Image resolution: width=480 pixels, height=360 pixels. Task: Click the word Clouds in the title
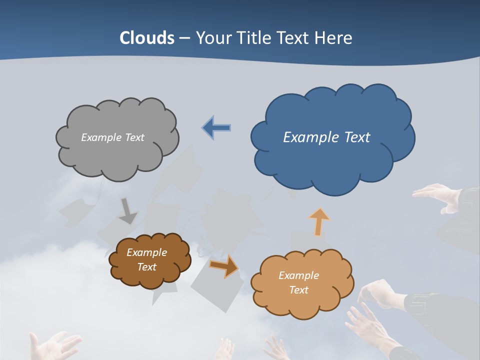click(x=147, y=38)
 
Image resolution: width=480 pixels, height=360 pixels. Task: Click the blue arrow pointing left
click(x=216, y=128)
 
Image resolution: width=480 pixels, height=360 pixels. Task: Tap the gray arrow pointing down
click(x=128, y=211)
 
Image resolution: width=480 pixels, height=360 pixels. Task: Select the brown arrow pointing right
click(x=224, y=266)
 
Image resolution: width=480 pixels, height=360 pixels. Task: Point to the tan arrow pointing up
click(x=318, y=221)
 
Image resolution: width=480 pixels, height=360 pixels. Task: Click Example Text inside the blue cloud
click(x=326, y=137)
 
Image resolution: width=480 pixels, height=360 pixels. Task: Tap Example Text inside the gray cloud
click(x=112, y=137)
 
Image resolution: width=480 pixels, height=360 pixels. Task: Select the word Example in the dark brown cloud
click(x=146, y=253)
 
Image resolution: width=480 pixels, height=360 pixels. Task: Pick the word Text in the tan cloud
click(x=298, y=290)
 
